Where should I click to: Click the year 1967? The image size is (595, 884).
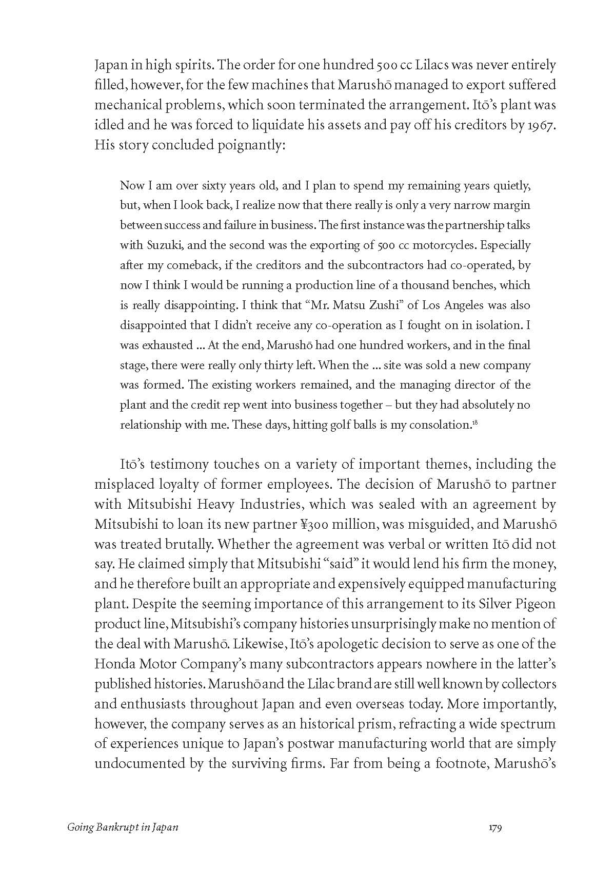click(541, 125)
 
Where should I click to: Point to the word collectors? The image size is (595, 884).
click(530, 684)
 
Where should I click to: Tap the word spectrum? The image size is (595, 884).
click(527, 724)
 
